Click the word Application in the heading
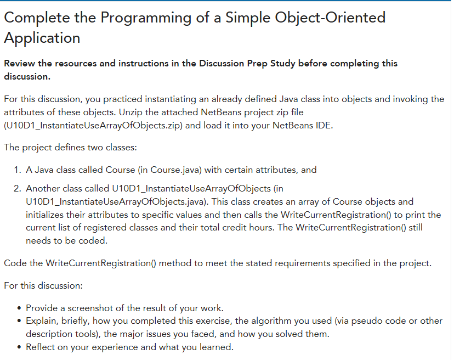pos(42,38)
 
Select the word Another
pos(43,189)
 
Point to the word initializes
pos(48,215)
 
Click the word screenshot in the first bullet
pos(91,307)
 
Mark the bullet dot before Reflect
pos(20,347)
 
